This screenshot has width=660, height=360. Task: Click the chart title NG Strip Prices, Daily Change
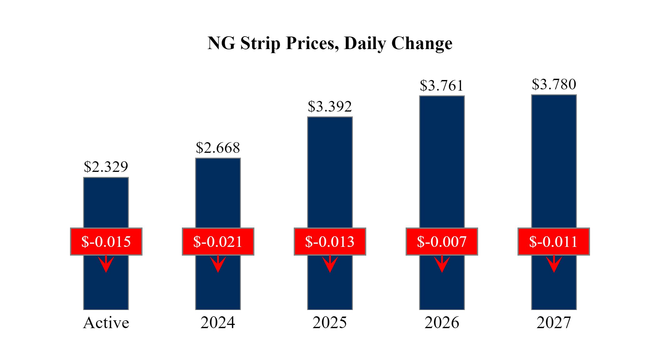pos(330,43)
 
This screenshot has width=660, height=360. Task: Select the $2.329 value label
pos(106,167)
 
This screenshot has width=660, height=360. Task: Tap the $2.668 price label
pos(218,148)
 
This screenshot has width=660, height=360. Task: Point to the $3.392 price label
pos(330,107)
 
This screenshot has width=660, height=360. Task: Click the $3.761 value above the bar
pos(442,86)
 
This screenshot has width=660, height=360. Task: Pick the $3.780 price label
pos(554,84)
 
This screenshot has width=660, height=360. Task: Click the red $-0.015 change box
pos(106,242)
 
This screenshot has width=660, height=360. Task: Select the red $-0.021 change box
pos(218,242)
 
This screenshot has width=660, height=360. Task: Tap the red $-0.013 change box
pos(330,242)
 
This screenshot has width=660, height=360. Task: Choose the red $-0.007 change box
pos(442,242)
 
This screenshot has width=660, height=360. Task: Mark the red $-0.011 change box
pos(553,242)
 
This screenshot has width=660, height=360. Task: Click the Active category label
pos(106,323)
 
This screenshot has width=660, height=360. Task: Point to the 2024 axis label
pos(218,323)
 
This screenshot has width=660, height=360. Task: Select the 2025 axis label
pos(330,323)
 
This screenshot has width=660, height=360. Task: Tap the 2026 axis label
pos(442,323)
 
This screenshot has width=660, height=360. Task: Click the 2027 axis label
pos(554,323)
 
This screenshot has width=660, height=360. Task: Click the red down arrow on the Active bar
pos(106,264)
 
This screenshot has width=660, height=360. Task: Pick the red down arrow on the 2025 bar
pos(330,264)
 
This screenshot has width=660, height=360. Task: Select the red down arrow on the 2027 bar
pos(554,264)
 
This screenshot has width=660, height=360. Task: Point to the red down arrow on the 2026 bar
pos(442,264)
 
